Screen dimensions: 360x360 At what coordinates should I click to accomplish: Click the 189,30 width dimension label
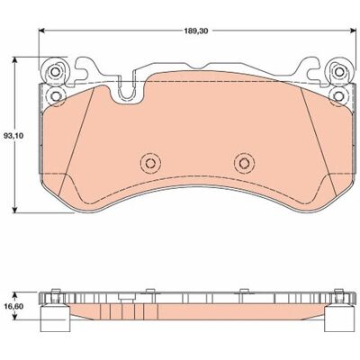click(196, 31)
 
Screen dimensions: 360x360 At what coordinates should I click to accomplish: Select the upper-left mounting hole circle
click(55, 72)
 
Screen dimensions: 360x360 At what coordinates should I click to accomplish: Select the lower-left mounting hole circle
click(55, 96)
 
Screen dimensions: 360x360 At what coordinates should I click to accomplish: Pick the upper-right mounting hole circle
click(339, 72)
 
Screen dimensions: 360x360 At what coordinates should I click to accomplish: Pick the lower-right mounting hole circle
click(339, 96)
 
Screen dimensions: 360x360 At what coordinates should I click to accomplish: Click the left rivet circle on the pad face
click(150, 163)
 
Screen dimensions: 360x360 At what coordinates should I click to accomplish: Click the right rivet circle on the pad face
click(244, 163)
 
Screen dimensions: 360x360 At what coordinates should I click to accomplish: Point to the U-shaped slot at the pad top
click(126, 90)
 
